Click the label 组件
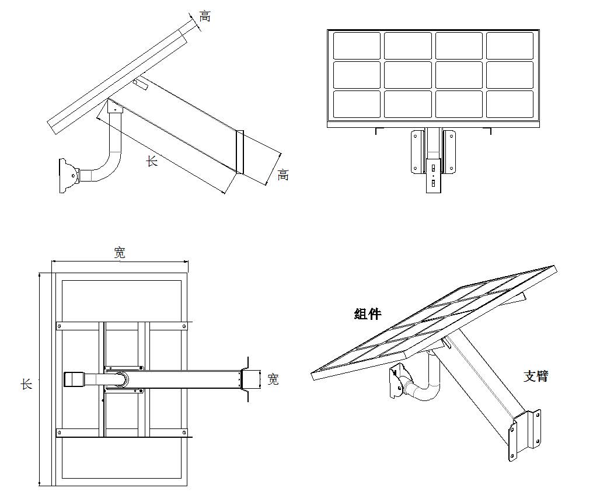click(x=367, y=314)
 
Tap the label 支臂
click(x=535, y=376)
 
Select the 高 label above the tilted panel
click(x=205, y=16)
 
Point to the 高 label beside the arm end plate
click(x=283, y=175)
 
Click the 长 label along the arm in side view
click(x=152, y=161)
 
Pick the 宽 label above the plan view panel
click(x=120, y=253)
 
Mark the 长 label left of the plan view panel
click(x=27, y=384)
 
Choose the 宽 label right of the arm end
click(x=273, y=379)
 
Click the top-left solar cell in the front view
click(x=357, y=46)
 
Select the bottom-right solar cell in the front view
click(x=510, y=104)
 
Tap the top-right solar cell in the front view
click(x=510, y=46)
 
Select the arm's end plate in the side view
click(x=239, y=152)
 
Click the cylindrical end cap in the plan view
click(x=74, y=379)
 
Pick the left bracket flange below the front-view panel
click(x=416, y=152)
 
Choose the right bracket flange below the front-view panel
click(x=449, y=152)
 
